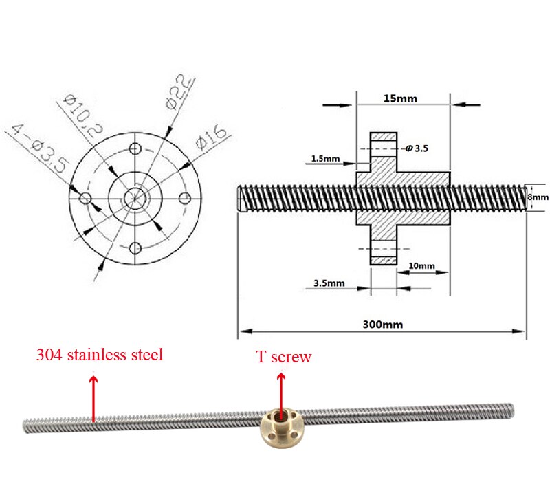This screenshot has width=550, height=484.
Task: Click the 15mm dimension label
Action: pyautogui.click(x=400, y=98)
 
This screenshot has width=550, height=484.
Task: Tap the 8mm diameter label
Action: pyautogui.click(x=538, y=197)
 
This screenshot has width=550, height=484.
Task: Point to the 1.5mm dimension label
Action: pyautogui.click(x=324, y=159)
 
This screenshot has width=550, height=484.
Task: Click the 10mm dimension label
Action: pyautogui.click(x=421, y=265)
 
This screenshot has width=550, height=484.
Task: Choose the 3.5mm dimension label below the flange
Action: pyautogui.click(x=329, y=283)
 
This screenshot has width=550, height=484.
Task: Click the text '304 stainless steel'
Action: pyautogui.click(x=100, y=355)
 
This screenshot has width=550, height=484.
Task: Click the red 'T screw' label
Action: pyautogui.click(x=284, y=357)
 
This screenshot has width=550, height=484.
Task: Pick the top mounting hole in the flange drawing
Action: pyautogui.click(x=135, y=149)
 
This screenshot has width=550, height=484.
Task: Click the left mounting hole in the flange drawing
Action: pyautogui.click(x=86, y=198)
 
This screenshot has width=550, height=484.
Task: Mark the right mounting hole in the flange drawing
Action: pyautogui.click(x=184, y=198)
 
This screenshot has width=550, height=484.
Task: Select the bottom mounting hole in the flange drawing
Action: pyautogui.click(x=135, y=247)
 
